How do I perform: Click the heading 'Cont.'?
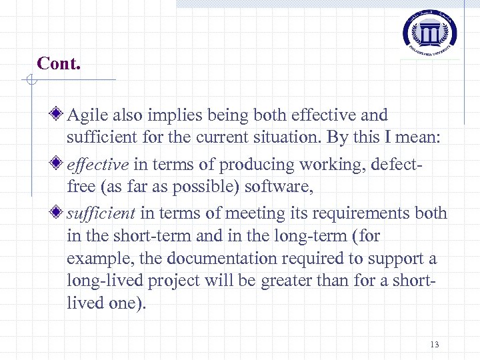pyautogui.click(x=59, y=63)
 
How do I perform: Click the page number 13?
pyautogui.click(x=435, y=345)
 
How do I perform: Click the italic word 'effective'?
pyautogui.click(x=98, y=165)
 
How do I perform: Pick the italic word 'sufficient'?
pyautogui.click(x=101, y=213)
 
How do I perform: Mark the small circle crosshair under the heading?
pyautogui.click(x=29, y=81)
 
